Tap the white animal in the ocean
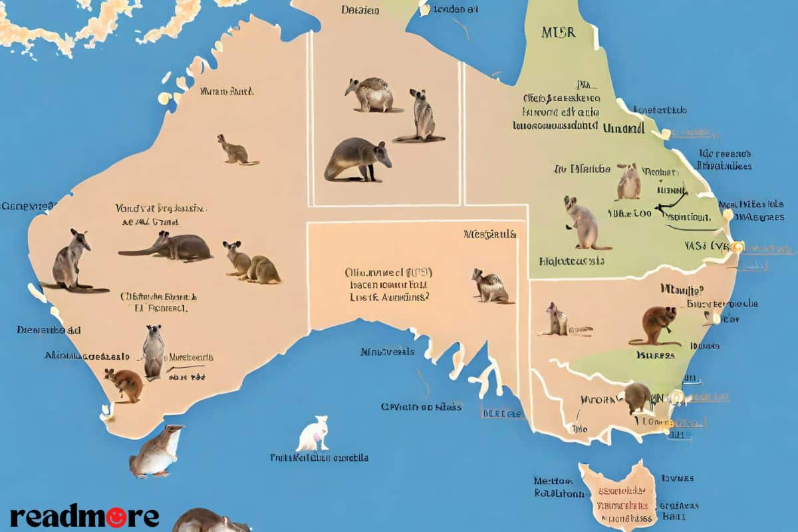(x=314, y=434)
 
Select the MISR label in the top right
(x=558, y=33)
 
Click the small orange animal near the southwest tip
(x=125, y=384)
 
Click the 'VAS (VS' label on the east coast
(x=706, y=246)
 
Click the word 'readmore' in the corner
(x=84, y=516)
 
